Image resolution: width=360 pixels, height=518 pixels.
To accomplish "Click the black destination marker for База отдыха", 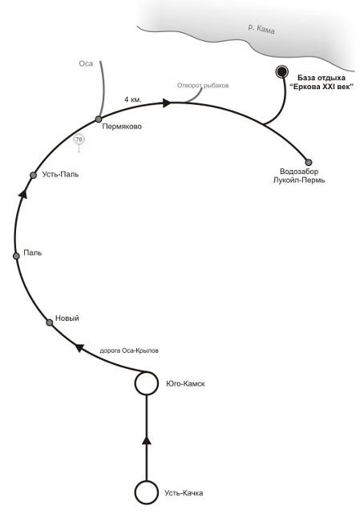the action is (x=281, y=71).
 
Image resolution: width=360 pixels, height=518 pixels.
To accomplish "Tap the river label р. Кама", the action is (x=261, y=29).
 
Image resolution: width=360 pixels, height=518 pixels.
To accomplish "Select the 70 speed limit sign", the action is (x=79, y=140).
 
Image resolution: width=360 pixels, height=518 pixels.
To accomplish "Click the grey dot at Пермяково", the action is (x=99, y=119).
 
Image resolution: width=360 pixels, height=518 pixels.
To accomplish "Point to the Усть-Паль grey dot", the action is (x=33, y=175).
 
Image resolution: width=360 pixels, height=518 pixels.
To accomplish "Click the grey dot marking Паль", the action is (x=16, y=256).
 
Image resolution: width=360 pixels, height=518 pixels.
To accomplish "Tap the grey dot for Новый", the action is (x=49, y=322).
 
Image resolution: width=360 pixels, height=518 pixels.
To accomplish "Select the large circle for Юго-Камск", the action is (x=146, y=383).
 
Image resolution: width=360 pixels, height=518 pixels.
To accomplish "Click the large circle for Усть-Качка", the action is (x=146, y=492).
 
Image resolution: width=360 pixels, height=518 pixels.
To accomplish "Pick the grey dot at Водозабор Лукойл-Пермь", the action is (x=309, y=162).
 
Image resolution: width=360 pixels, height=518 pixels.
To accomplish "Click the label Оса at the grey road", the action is (x=86, y=63).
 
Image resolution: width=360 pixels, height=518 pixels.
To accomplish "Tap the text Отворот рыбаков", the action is (x=203, y=86).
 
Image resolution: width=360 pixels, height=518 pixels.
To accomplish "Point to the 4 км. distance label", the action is (x=133, y=99).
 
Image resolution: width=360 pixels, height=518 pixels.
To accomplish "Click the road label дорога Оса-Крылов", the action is (x=129, y=350).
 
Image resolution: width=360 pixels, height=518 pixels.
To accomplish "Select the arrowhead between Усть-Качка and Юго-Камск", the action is (x=147, y=440).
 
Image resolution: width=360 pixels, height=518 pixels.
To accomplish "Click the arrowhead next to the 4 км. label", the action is (x=167, y=103).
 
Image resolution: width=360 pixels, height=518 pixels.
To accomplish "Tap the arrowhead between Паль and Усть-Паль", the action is (x=22, y=194).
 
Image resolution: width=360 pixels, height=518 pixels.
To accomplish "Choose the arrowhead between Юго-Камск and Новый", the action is (x=79, y=347).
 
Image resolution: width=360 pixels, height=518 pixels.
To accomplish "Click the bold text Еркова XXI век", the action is (x=322, y=87).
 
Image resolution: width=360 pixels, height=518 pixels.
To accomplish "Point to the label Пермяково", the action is (x=122, y=127).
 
